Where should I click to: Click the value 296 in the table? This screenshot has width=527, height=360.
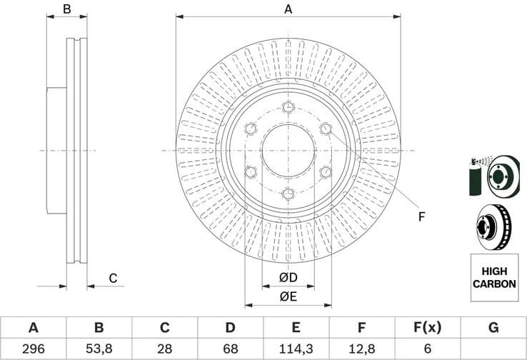33,349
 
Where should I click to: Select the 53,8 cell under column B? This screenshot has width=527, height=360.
99,349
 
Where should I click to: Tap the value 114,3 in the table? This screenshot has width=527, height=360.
296,349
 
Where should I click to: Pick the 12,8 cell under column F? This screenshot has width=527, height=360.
361,349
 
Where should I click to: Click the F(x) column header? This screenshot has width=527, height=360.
427,328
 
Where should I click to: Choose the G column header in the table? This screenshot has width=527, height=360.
493,328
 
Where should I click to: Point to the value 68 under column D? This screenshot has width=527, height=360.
230,349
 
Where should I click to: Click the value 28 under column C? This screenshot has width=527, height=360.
164,349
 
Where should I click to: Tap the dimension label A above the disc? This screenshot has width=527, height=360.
288,9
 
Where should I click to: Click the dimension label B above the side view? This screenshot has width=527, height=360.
66,9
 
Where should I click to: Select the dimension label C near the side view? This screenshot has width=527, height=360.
112,278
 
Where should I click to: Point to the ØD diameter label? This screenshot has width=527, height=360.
288,277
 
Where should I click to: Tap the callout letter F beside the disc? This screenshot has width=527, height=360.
421,216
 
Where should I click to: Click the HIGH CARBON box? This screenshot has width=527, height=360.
493,278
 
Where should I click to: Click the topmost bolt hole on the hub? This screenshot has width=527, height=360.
288,107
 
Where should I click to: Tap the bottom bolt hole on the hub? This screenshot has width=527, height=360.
288,194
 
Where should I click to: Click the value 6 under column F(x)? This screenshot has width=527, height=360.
427,349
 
